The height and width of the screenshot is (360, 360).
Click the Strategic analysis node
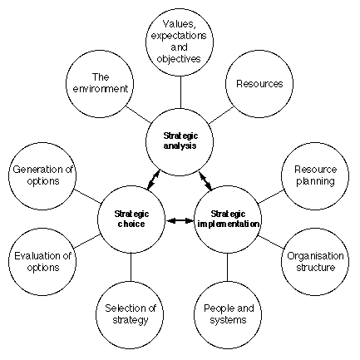pos(180,141)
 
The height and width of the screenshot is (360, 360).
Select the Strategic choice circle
pos(131,219)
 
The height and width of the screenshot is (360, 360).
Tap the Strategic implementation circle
pos(228,219)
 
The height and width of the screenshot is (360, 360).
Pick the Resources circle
pos(259,84)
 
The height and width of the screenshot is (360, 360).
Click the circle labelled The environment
pos(100,84)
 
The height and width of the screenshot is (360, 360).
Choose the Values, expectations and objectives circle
pos(180,42)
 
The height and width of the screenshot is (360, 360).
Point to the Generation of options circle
pos(42,176)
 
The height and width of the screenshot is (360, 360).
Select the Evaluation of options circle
pos(42,262)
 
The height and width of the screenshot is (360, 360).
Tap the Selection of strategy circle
pos(130,315)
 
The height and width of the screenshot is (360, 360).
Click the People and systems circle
pos(228,315)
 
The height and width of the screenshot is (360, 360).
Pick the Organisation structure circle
pos(315,262)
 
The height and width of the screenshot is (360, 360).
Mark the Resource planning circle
pos(315,176)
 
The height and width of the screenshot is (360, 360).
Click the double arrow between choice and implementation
pos(180,220)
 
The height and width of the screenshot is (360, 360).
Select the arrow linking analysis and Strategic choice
pos(154,180)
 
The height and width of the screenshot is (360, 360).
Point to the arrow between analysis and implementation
pos(205,181)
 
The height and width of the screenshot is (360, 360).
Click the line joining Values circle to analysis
pos(180,92)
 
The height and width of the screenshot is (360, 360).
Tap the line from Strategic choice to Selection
pos(131,267)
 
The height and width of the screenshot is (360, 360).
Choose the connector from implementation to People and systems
pos(228,267)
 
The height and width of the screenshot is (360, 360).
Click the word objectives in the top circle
pos(179,59)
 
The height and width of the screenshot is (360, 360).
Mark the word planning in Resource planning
pos(315,181)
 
